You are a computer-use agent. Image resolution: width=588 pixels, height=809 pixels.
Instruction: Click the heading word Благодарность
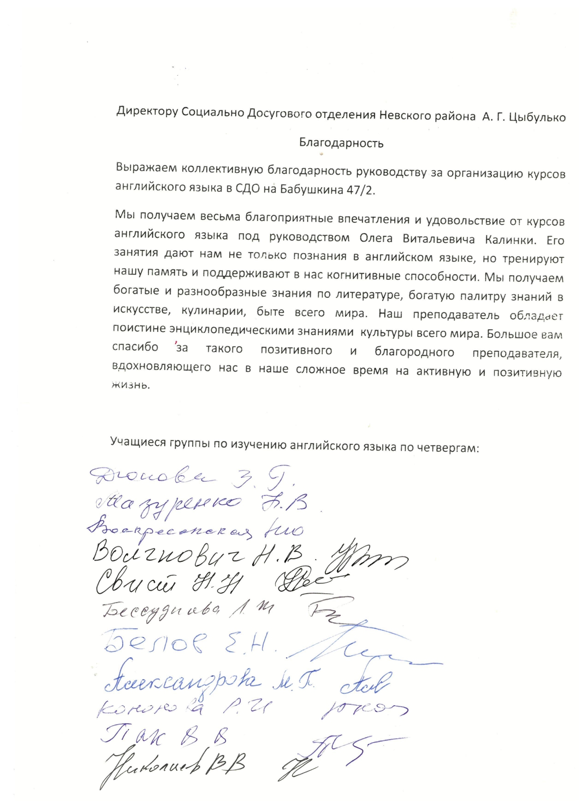coord(341,143)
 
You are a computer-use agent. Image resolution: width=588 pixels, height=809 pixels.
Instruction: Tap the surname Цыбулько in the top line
coord(537,117)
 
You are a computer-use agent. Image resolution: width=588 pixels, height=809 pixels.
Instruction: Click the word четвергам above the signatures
coord(448,448)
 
